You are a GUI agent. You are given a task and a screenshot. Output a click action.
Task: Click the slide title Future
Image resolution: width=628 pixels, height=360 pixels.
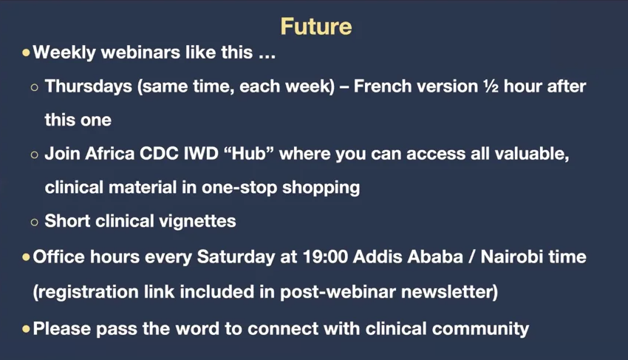(316, 27)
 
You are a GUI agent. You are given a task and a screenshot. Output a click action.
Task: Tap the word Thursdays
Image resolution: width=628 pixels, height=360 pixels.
(88, 86)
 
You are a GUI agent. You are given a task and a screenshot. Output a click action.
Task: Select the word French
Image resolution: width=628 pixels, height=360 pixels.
(383, 86)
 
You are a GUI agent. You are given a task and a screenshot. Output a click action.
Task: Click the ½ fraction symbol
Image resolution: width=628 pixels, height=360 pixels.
(491, 86)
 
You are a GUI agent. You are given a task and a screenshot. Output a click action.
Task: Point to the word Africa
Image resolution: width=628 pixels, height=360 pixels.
(109, 154)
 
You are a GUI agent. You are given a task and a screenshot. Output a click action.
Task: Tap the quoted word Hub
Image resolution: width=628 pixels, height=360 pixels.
(248, 154)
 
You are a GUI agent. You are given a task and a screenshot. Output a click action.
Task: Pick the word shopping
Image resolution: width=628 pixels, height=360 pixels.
(321, 188)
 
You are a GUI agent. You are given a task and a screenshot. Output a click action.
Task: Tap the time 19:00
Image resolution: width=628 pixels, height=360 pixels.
(325, 257)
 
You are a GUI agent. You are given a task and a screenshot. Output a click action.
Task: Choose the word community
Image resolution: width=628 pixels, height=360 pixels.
(481, 329)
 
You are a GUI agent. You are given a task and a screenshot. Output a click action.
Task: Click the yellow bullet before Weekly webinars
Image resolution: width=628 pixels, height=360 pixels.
(26, 52)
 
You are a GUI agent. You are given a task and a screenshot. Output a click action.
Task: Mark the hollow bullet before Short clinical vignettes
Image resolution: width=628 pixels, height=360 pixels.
(35, 222)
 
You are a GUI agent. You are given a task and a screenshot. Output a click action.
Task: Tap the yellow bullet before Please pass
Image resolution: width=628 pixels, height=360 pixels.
(26, 329)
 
